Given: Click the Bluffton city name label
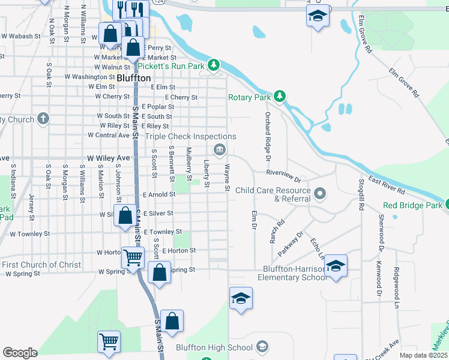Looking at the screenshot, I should point(133,78).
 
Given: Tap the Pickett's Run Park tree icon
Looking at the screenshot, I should point(213,65).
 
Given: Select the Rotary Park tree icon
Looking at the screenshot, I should point(279,96).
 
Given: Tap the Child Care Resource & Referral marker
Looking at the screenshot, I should point(320,193).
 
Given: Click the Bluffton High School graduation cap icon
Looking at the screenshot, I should point(262,346).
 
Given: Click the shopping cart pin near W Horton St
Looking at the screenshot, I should point(133,257).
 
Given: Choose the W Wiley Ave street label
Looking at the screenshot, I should point(108,158).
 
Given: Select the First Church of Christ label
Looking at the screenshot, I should point(41,265).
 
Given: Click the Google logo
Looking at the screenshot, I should point(20,353).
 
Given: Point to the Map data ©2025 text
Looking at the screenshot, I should point(423,355).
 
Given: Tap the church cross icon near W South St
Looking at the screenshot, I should point(43,118).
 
